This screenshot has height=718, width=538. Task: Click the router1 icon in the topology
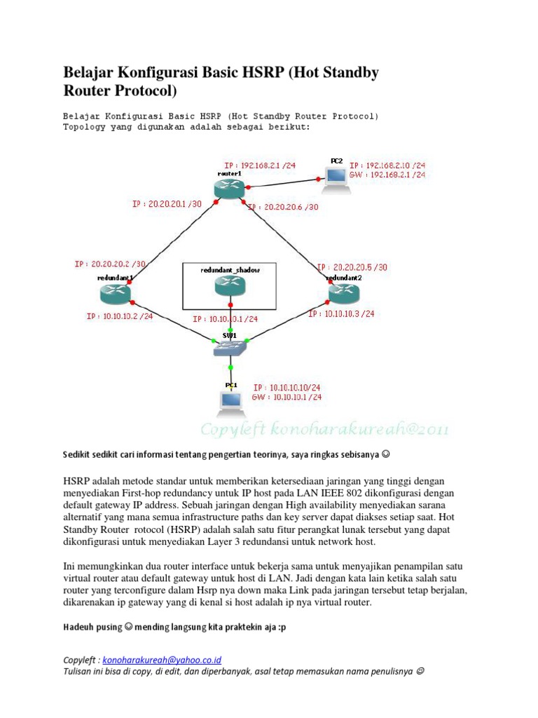228,188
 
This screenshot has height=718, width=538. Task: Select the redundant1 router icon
116,295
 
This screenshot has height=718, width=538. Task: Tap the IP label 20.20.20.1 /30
166,205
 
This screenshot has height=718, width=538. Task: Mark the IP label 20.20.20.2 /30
110,264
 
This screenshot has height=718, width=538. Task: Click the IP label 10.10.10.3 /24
341,314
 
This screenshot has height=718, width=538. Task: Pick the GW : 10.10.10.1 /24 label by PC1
287,397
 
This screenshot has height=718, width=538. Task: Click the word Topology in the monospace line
83,128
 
